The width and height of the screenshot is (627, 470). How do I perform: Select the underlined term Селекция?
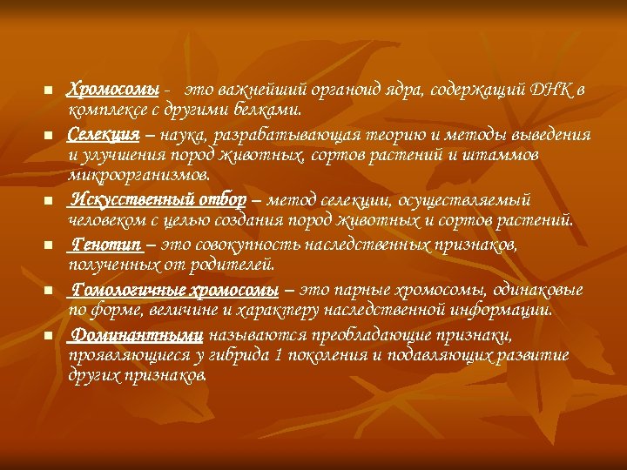(x=104, y=135)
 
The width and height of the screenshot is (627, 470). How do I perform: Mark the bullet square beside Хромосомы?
(x=49, y=91)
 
